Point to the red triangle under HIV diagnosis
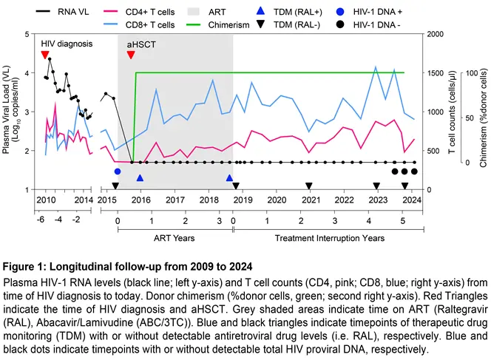pyautogui.click(x=45, y=55)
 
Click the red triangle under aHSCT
pyautogui.click(x=131, y=55)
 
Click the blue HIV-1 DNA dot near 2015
pyautogui.click(x=117, y=171)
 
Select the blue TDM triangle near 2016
pyautogui.click(x=140, y=178)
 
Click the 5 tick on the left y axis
pyautogui.click(x=27, y=34)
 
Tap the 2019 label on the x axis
pyautogui.click(x=242, y=200)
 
